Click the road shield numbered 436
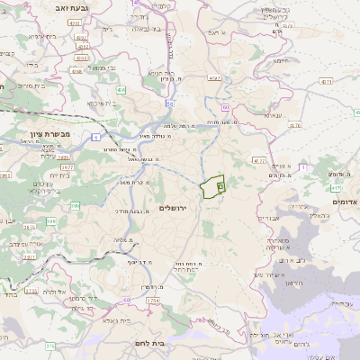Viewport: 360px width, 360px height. tap(120, 90)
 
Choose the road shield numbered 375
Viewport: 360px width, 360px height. tap(50, 345)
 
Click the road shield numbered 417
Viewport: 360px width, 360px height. tap(335, 188)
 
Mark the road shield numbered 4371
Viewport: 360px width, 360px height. tap(322, 82)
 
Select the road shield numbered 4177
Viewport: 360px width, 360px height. tap(260, 161)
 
